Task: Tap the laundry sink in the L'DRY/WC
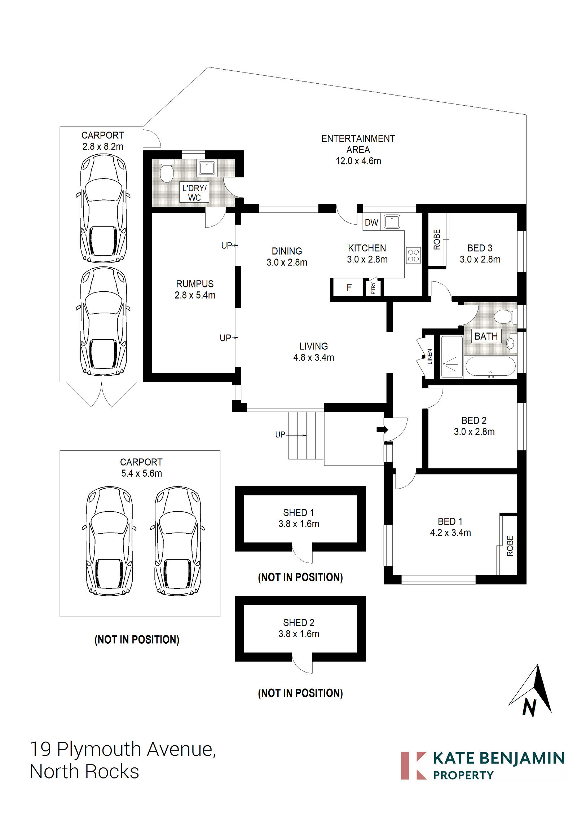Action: coord(207,168)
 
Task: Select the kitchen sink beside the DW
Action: coord(392,221)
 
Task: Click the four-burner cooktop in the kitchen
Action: coord(413,255)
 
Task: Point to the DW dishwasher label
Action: coord(371,222)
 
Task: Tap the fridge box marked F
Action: coord(349,287)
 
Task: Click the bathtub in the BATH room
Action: coord(490,366)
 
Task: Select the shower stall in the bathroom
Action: coord(451,357)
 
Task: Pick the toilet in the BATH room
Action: coord(504,317)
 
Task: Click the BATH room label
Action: coord(486,336)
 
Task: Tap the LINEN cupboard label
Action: coord(430,357)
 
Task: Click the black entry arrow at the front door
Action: coord(382,429)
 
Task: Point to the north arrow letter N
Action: coord(529,707)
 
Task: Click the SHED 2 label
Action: coord(299,622)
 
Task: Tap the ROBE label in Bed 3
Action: coord(437,239)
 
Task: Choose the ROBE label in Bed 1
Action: coord(510,546)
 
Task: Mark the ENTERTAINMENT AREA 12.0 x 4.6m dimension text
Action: coord(358,161)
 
